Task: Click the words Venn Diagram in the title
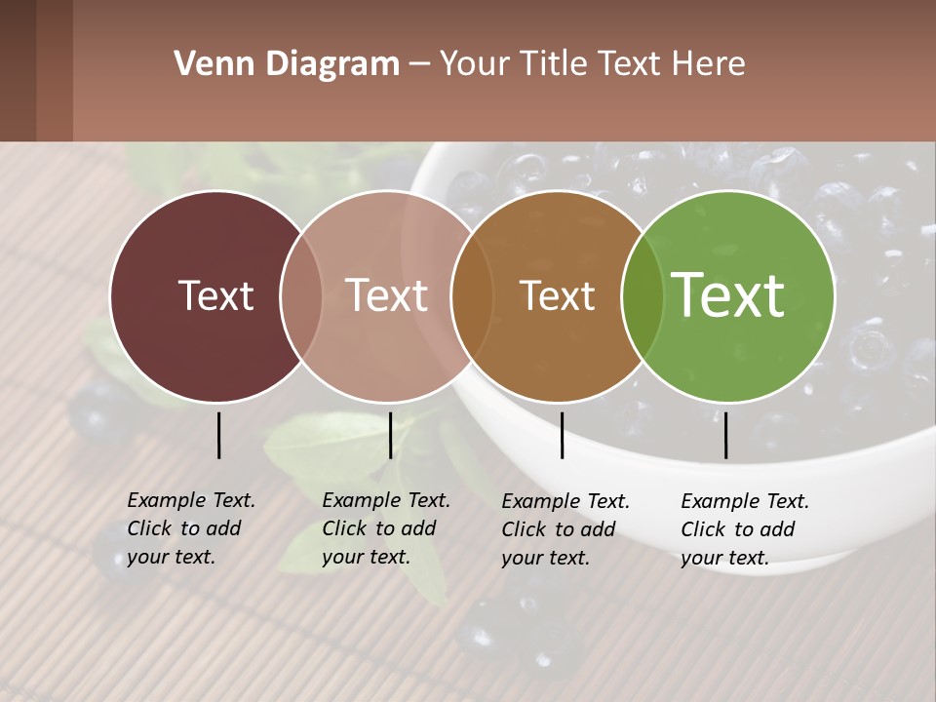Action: click(287, 64)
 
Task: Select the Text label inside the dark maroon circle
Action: click(215, 295)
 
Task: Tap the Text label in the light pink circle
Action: click(387, 295)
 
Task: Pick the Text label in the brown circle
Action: click(557, 295)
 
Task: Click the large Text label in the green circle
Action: click(728, 295)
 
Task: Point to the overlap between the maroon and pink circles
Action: click(301, 296)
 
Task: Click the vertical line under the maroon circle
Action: click(218, 435)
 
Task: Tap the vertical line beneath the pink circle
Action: click(390, 435)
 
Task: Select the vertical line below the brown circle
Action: click(562, 435)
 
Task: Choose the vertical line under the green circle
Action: click(725, 435)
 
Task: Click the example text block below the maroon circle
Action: click(190, 528)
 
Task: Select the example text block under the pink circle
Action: click(385, 528)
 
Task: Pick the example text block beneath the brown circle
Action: click(565, 529)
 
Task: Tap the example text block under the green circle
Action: click(744, 529)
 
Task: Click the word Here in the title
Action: click(712, 64)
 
